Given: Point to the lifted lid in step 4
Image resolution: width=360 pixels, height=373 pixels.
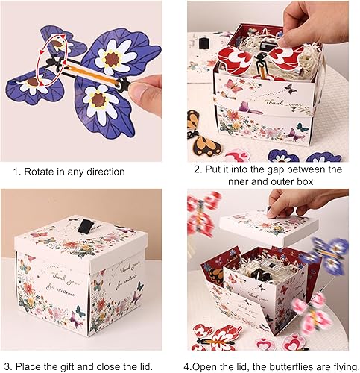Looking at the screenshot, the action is (269, 228).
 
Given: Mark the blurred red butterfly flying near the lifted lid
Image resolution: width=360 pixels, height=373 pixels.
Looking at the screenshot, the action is (203, 214).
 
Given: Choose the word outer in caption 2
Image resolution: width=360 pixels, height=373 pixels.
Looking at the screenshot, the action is (282, 182).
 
